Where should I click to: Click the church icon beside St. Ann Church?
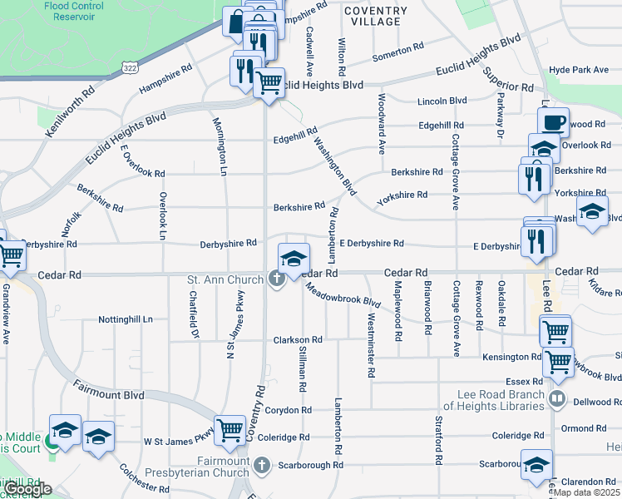click(277, 279)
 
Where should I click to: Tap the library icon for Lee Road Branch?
click(557, 400)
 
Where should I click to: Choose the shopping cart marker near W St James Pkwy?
click(230, 430)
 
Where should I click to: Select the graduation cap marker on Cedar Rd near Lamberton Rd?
click(294, 259)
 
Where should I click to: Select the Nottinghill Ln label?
click(126, 319)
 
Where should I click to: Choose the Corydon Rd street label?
click(289, 410)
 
